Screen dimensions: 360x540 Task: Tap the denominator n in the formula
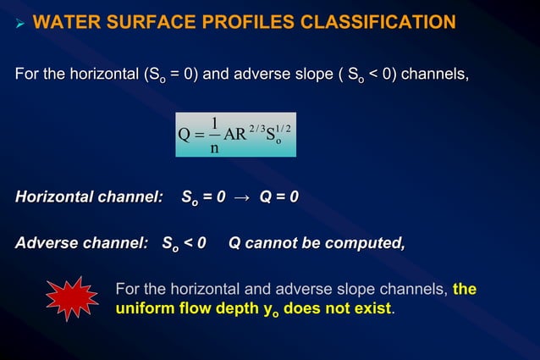coord(215,147)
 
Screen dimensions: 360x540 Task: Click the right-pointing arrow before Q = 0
coord(243,198)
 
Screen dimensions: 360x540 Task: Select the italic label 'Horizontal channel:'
coord(89,197)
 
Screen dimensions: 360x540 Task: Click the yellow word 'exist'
coord(372,307)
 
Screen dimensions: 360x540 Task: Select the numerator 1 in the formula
coord(215,123)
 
